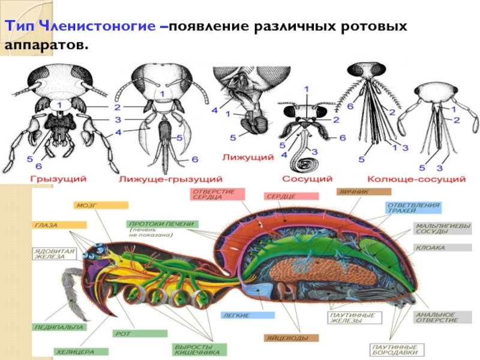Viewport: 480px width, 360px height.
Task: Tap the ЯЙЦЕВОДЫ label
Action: tap(286, 338)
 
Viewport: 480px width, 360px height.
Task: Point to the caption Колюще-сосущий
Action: tap(416, 178)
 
